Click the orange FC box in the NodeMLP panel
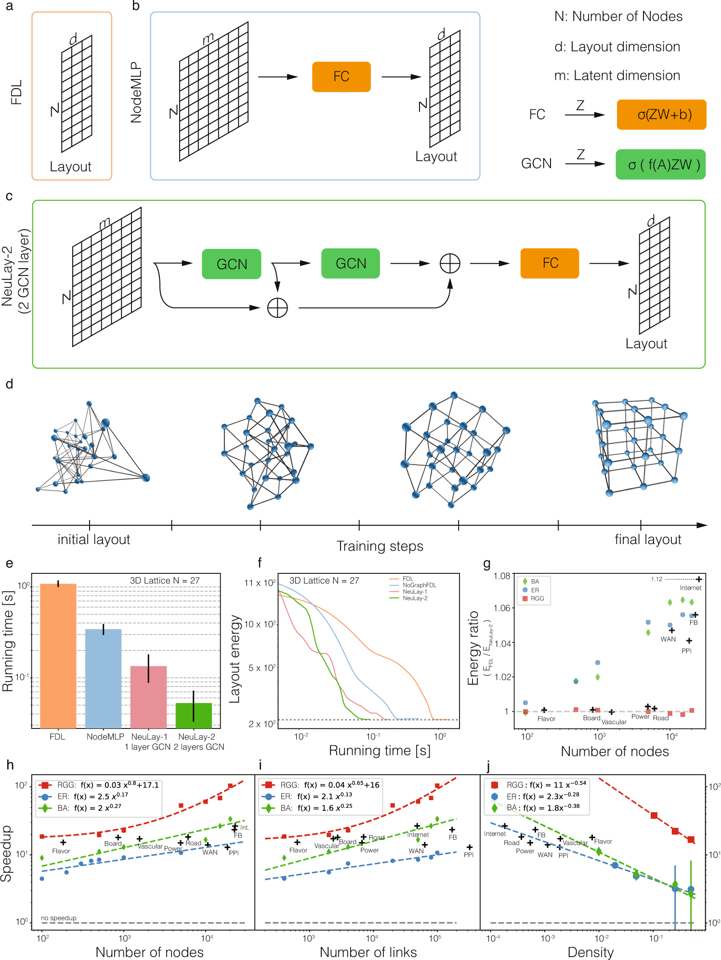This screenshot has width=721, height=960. tap(341, 77)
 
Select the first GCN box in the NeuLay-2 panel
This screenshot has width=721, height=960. tap(232, 264)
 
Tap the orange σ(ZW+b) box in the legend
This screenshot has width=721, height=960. tap(661, 115)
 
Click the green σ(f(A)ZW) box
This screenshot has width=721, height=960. tap(660, 165)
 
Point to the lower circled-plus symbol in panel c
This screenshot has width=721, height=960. tap(277, 308)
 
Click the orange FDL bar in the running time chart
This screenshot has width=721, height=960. tap(58, 655)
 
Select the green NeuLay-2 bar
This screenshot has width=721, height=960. tap(194, 715)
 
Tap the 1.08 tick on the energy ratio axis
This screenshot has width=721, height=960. tap(501, 576)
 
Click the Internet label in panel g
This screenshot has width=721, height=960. tap(690, 588)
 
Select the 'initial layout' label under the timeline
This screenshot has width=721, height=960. tap(94, 539)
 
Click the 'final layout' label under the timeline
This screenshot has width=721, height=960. tap(647, 539)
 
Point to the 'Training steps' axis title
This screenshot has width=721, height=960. tap(380, 546)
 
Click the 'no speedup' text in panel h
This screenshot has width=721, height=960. tap(59, 918)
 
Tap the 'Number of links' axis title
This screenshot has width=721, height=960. tap(368, 952)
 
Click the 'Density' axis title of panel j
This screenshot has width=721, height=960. tap(590, 952)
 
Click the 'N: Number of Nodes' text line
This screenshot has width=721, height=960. tap(618, 17)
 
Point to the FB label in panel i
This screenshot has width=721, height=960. tap(453, 837)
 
